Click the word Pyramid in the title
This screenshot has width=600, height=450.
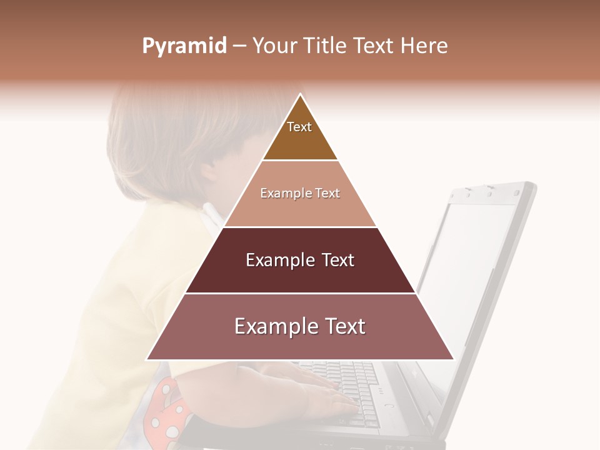pyautogui.click(x=184, y=46)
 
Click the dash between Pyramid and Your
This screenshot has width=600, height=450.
pyautogui.click(x=239, y=46)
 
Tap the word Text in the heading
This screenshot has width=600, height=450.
pyautogui.click(x=374, y=46)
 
